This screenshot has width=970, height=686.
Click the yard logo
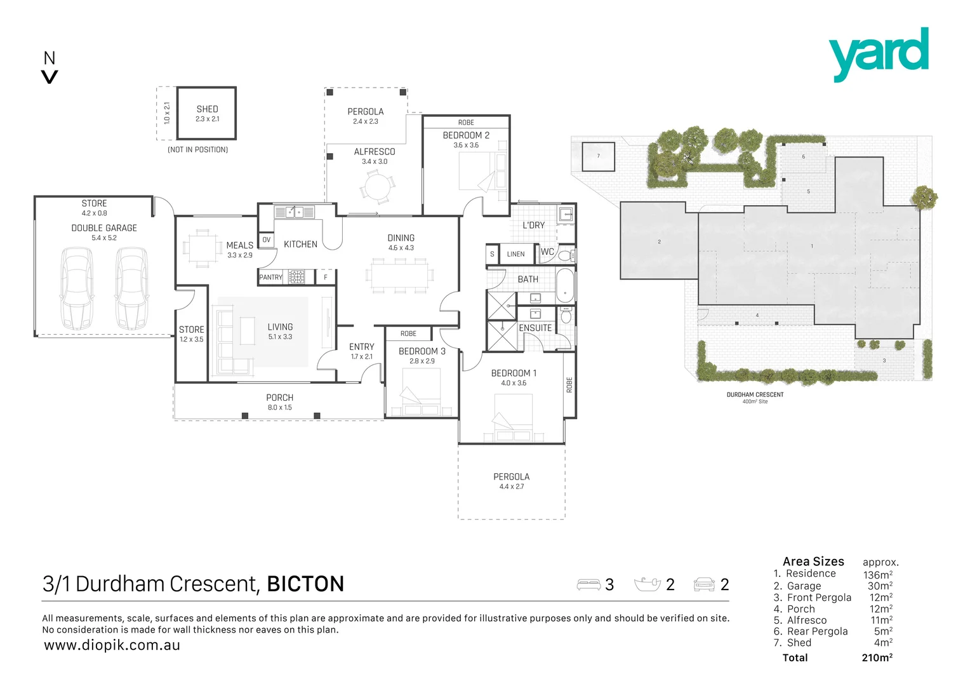point(878,54)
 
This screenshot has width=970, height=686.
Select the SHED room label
point(207,109)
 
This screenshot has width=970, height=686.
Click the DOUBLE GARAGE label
point(104,228)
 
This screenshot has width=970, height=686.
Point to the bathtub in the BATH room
point(565,286)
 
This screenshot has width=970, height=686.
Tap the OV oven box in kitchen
point(267,239)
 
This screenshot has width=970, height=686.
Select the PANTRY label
point(270,278)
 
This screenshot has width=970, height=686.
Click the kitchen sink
point(294,212)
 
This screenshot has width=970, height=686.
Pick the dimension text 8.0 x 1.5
point(279,407)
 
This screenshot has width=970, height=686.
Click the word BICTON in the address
point(305,584)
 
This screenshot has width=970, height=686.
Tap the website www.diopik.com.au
point(112,645)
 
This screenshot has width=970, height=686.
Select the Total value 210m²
point(877,657)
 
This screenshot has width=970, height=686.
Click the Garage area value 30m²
point(879,586)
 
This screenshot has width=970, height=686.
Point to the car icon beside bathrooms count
point(703,584)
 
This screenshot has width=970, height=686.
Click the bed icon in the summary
point(588,584)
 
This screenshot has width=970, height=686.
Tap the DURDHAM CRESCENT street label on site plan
point(755,395)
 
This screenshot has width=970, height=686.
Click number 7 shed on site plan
point(599,156)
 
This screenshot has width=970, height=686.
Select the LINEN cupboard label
point(515,254)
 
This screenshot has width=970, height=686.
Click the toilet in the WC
point(566,255)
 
